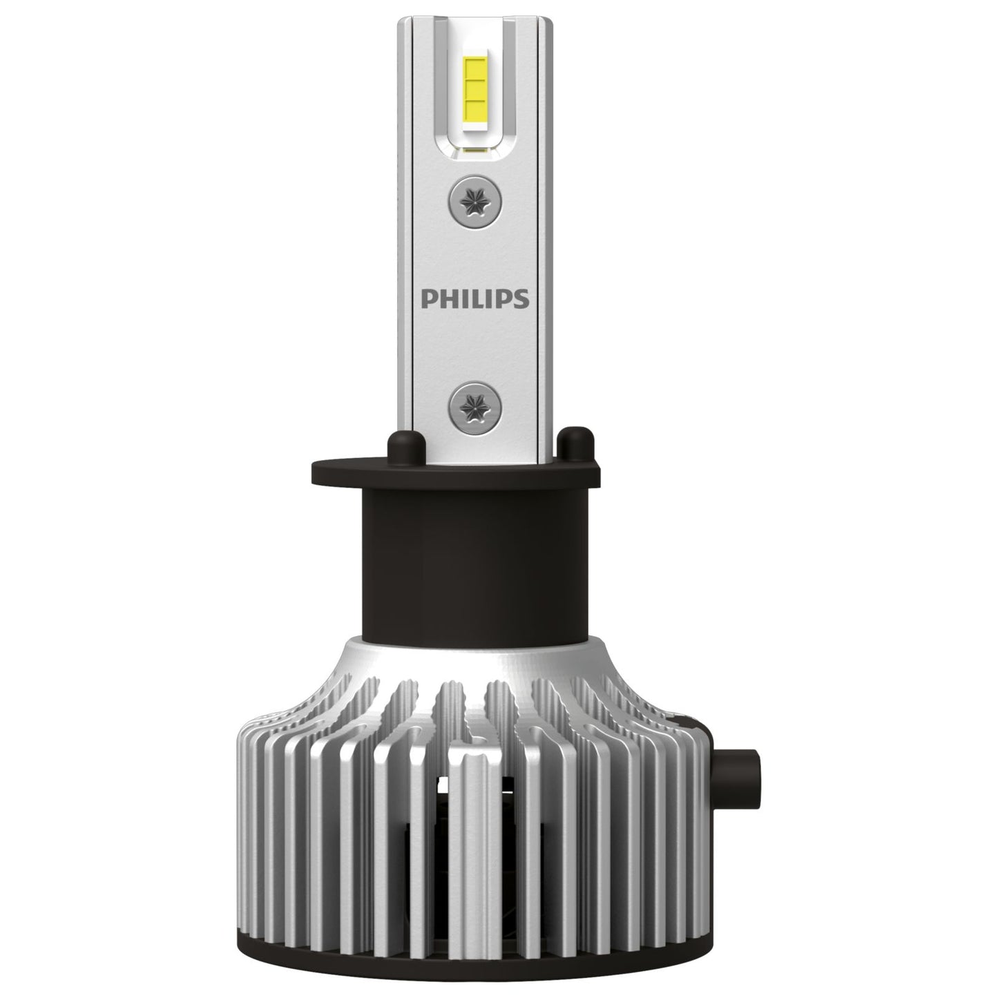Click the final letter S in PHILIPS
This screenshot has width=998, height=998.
522,298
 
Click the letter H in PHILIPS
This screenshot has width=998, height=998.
445,298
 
